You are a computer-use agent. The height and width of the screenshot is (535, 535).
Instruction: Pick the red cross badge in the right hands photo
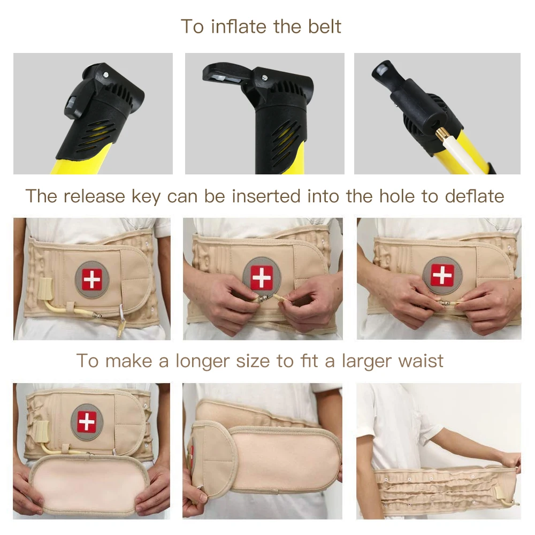pyautogui.click(x=442, y=275)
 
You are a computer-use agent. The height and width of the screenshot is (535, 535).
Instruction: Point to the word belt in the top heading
pyautogui.click(x=324, y=26)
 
